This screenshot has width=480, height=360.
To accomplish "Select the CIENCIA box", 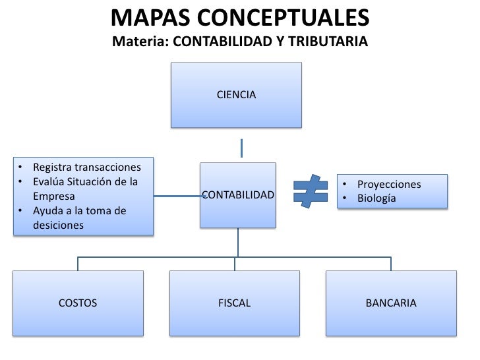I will tap(236, 95).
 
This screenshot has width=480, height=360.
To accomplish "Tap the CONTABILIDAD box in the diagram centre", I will tap(237, 195).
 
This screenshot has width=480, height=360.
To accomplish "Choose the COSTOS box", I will tap(78, 303).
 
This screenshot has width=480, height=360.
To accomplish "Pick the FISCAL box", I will tap(235, 303).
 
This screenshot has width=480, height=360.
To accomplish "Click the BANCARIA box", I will tap(391, 303).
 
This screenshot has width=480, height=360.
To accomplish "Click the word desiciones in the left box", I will tap(59, 225).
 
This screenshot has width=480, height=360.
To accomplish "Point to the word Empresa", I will tap(54, 196).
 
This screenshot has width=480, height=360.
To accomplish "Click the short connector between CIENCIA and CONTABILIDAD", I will tap(242, 147).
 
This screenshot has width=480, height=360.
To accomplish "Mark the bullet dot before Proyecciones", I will tap(344, 185).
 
